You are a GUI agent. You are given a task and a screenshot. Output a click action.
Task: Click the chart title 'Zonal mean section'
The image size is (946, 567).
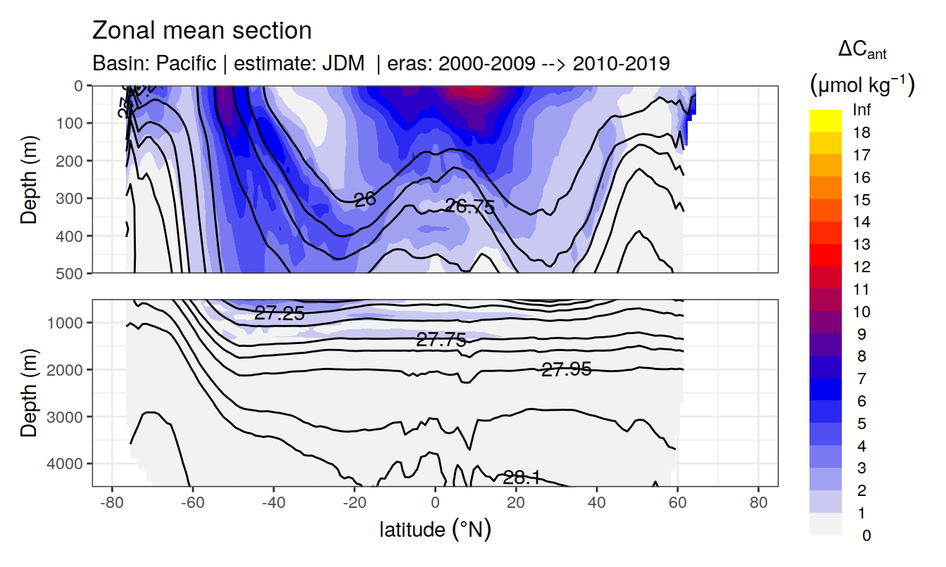(202, 31)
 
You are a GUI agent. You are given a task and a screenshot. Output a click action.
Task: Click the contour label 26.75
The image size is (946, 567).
(470, 206)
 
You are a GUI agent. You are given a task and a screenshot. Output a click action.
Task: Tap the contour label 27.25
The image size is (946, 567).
(279, 314)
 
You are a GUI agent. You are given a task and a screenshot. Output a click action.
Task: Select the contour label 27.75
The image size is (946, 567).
(441, 340)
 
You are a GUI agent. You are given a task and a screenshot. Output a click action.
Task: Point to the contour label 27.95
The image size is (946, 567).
(566, 369)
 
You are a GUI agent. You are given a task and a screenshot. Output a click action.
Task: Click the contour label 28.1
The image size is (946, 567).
(522, 478)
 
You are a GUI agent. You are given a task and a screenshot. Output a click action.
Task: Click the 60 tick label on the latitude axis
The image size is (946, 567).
(677, 503)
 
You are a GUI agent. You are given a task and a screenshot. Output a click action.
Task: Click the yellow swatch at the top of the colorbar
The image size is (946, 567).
(826, 120)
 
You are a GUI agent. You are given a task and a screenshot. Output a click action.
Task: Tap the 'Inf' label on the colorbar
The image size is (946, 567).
(862, 110)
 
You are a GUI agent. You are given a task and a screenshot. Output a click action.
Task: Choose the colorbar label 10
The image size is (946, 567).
(862, 312)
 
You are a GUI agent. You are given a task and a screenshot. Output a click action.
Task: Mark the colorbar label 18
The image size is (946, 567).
(862, 133)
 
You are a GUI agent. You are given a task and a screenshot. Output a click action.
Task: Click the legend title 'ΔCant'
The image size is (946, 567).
(862, 51)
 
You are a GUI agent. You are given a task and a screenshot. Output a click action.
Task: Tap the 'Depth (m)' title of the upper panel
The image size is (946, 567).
(29, 179)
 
